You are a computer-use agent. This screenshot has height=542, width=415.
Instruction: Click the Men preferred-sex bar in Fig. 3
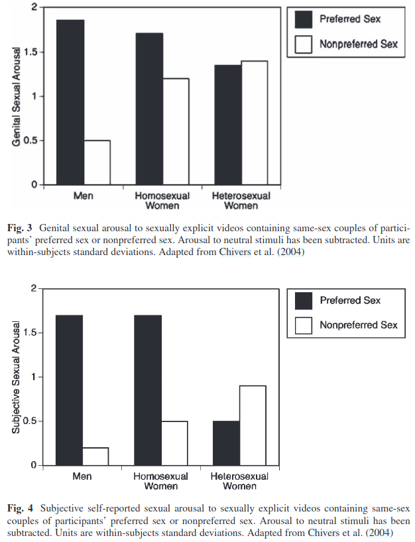pos(70,102)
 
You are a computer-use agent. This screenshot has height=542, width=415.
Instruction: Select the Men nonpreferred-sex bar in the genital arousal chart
pos(97,162)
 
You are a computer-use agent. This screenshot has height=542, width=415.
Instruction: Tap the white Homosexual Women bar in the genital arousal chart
pos(176,131)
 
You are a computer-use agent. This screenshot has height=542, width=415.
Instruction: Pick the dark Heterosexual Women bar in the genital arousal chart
pos(227,125)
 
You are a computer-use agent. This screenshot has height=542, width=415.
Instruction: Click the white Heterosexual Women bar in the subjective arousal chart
pos(253,425)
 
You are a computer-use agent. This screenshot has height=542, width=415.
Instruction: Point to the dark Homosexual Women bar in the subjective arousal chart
pos(148,390)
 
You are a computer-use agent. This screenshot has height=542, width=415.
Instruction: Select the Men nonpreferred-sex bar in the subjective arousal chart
pos(96,457)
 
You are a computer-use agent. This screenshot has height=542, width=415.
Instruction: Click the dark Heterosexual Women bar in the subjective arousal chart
pos(227,443)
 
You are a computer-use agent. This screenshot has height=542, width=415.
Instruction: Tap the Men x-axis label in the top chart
pos(83,197)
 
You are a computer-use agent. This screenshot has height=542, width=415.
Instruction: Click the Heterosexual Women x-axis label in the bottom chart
pos(240,482)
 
